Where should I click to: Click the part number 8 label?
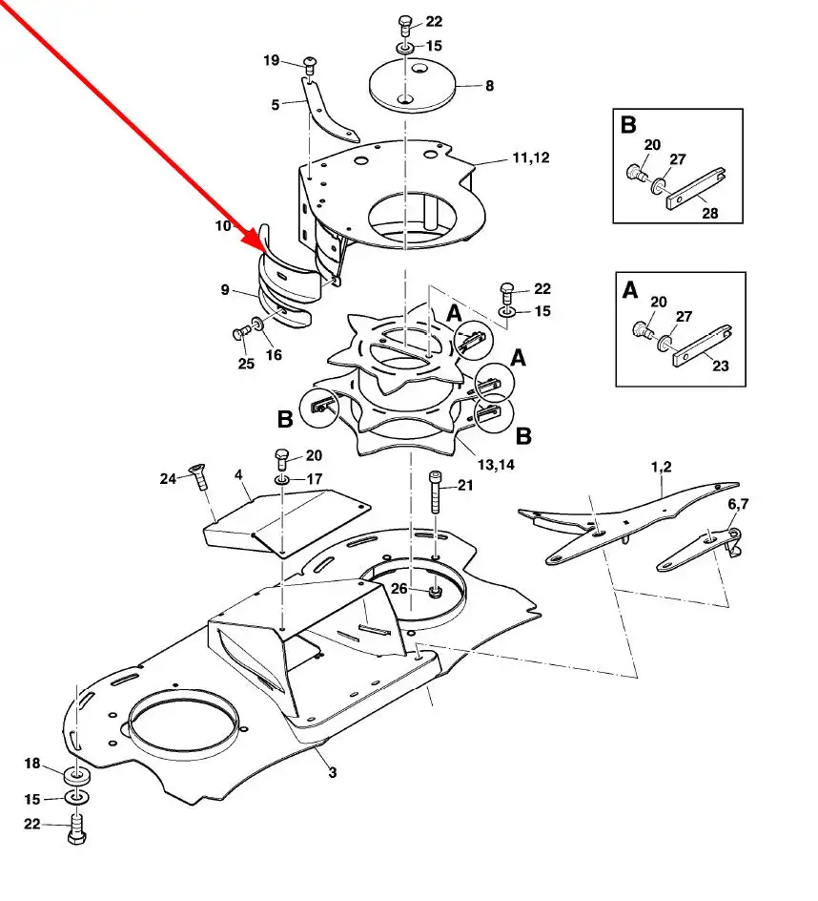[x=489, y=86]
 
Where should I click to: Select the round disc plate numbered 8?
[x=412, y=86]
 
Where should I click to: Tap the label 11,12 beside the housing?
[x=530, y=157]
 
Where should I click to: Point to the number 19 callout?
[x=272, y=60]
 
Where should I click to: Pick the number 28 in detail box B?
[x=710, y=213]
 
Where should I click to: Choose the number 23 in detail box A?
[x=721, y=366]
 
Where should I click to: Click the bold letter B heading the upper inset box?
[x=628, y=125]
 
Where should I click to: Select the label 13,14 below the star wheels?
[x=496, y=464]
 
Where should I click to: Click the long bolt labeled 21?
[x=435, y=492]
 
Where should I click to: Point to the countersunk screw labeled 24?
[x=199, y=476]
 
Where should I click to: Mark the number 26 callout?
[x=399, y=588]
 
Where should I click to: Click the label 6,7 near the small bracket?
[x=738, y=504]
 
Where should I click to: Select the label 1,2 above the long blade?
[x=662, y=467]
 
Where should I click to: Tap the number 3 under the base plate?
[x=333, y=773]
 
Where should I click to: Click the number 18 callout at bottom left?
[x=32, y=764]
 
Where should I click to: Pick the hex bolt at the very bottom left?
[x=76, y=829]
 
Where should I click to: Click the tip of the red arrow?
[x=265, y=253]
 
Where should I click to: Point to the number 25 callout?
[x=246, y=363]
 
